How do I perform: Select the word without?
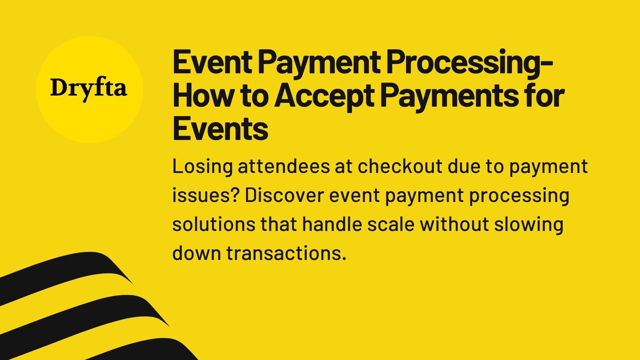[x=454, y=224]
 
